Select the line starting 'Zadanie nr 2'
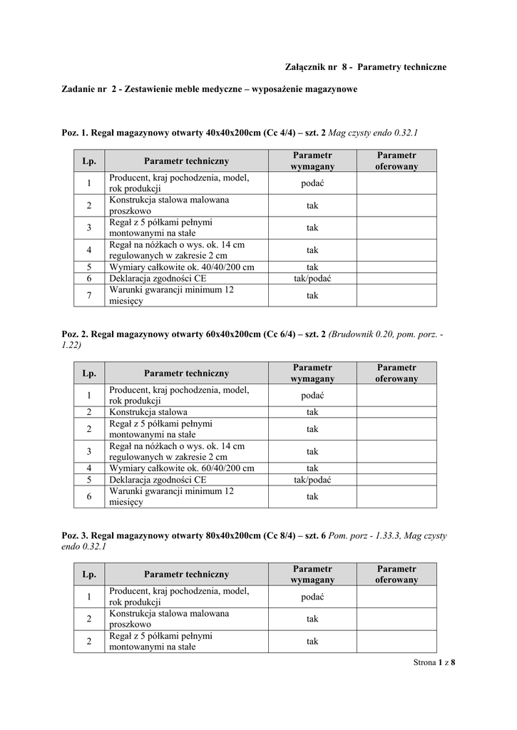pyautogui.click(x=209, y=90)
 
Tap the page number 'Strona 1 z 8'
pyautogui.click(x=434, y=662)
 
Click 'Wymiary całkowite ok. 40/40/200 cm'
pyautogui.click(x=181, y=267)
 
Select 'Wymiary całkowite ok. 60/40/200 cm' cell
pyautogui.click(x=181, y=468)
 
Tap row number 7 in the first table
pyautogui.click(x=89, y=296)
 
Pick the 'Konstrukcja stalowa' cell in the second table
pyautogui.click(x=148, y=412)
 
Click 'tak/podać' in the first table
pyautogui.click(x=312, y=279)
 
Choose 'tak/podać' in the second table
pyautogui.click(x=312, y=480)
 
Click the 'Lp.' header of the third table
pyautogui.click(x=89, y=574)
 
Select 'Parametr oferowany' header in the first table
pyautogui.click(x=396, y=160)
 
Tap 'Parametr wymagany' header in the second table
pyautogui.click(x=312, y=373)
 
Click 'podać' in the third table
pyautogui.click(x=312, y=597)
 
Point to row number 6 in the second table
pyautogui.click(x=89, y=497)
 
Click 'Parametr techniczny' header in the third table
pyautogui.click(x=186, y=574)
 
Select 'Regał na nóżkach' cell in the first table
pyautogui.click(x=176, y=250)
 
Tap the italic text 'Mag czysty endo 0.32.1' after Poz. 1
pyautogui.click(x=373, y=133)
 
